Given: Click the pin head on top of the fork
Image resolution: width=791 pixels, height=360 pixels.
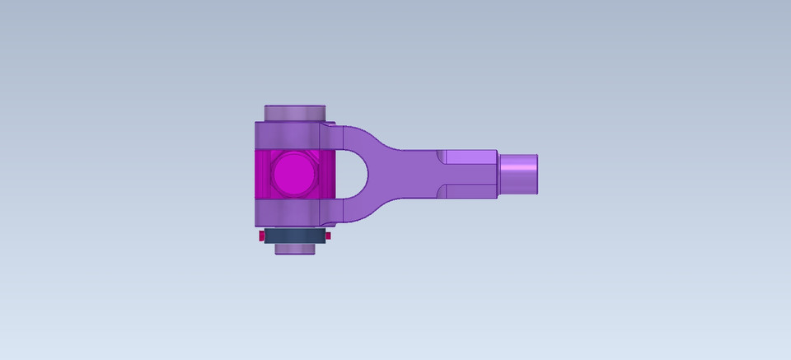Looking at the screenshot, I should [294, 113].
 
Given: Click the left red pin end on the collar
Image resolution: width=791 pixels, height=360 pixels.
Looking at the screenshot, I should [261, 236].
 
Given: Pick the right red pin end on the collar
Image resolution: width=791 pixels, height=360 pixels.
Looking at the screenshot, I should [328, 236].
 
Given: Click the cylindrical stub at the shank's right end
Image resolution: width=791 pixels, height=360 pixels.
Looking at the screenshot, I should [517, 174].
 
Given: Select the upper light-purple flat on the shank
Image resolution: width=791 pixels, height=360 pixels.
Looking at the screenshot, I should [468, 157].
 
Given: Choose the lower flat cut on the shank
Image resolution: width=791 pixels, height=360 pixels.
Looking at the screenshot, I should [468, 192].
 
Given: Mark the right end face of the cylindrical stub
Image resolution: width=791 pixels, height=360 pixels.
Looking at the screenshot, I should [537, 174].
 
